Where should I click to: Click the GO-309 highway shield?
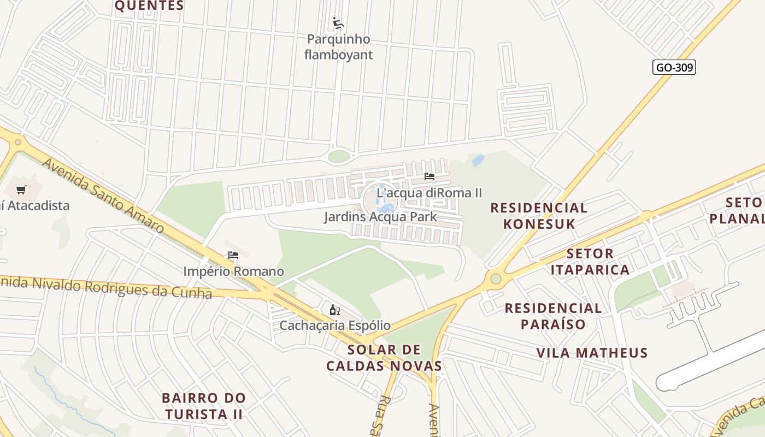click(x=674, y=67)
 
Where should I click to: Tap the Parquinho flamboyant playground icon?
click(x=338, y=23)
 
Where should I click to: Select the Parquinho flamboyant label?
click(x=338, y=47)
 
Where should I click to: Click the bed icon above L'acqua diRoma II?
click(x=429, y=176)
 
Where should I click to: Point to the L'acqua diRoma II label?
click(x=429, y=193)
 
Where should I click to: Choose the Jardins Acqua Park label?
click(x=380, y=217)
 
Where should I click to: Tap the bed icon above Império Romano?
click(x=233, y=255)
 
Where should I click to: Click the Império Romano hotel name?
click(x=233, y=271)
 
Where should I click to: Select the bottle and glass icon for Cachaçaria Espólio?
click(x=335, y=310)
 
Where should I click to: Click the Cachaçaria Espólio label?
click(x=335, y=326)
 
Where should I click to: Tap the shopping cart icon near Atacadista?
click(x=21, y=190)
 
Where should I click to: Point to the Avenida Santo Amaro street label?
click(x=103, y=196)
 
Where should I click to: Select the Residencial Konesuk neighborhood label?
click(x=539, y=216)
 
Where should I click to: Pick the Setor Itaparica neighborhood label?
click(x=590, y=262)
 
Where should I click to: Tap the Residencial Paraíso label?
click(x=553, y=316)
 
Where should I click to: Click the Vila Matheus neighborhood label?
click(x=592, y=353)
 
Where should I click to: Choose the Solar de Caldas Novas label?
click(x=384, y=358)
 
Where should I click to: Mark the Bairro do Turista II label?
click(x=204, y=406)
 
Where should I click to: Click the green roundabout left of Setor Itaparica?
click(x=496, y=279)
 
